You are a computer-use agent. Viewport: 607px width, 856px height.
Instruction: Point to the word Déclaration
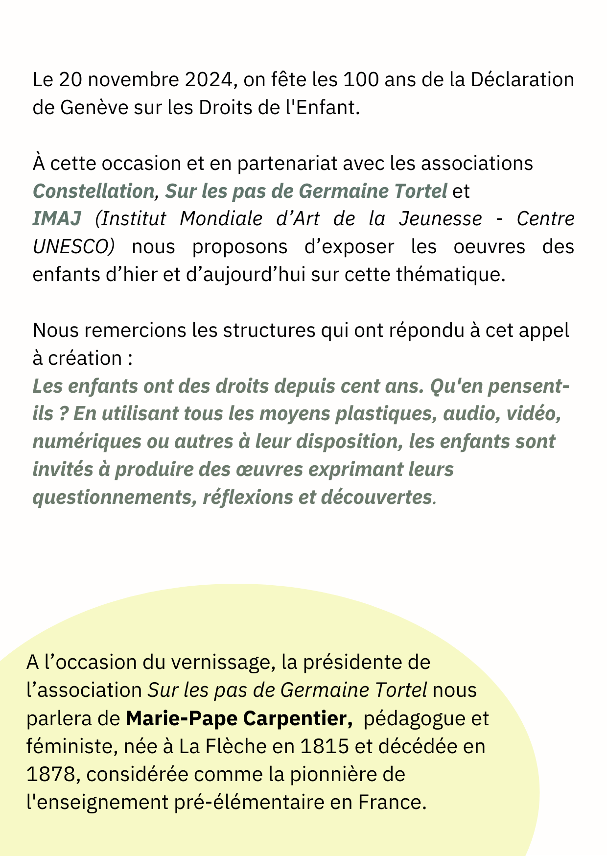(522, 80)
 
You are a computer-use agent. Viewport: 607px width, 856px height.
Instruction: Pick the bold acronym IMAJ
(57, 219)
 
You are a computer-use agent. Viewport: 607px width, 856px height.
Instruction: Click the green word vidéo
(532, 414)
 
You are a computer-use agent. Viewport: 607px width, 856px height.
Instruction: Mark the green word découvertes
(376, 498)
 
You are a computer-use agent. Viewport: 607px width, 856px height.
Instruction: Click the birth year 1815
(324, 747)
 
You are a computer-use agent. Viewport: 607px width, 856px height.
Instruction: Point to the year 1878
(51, 775)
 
